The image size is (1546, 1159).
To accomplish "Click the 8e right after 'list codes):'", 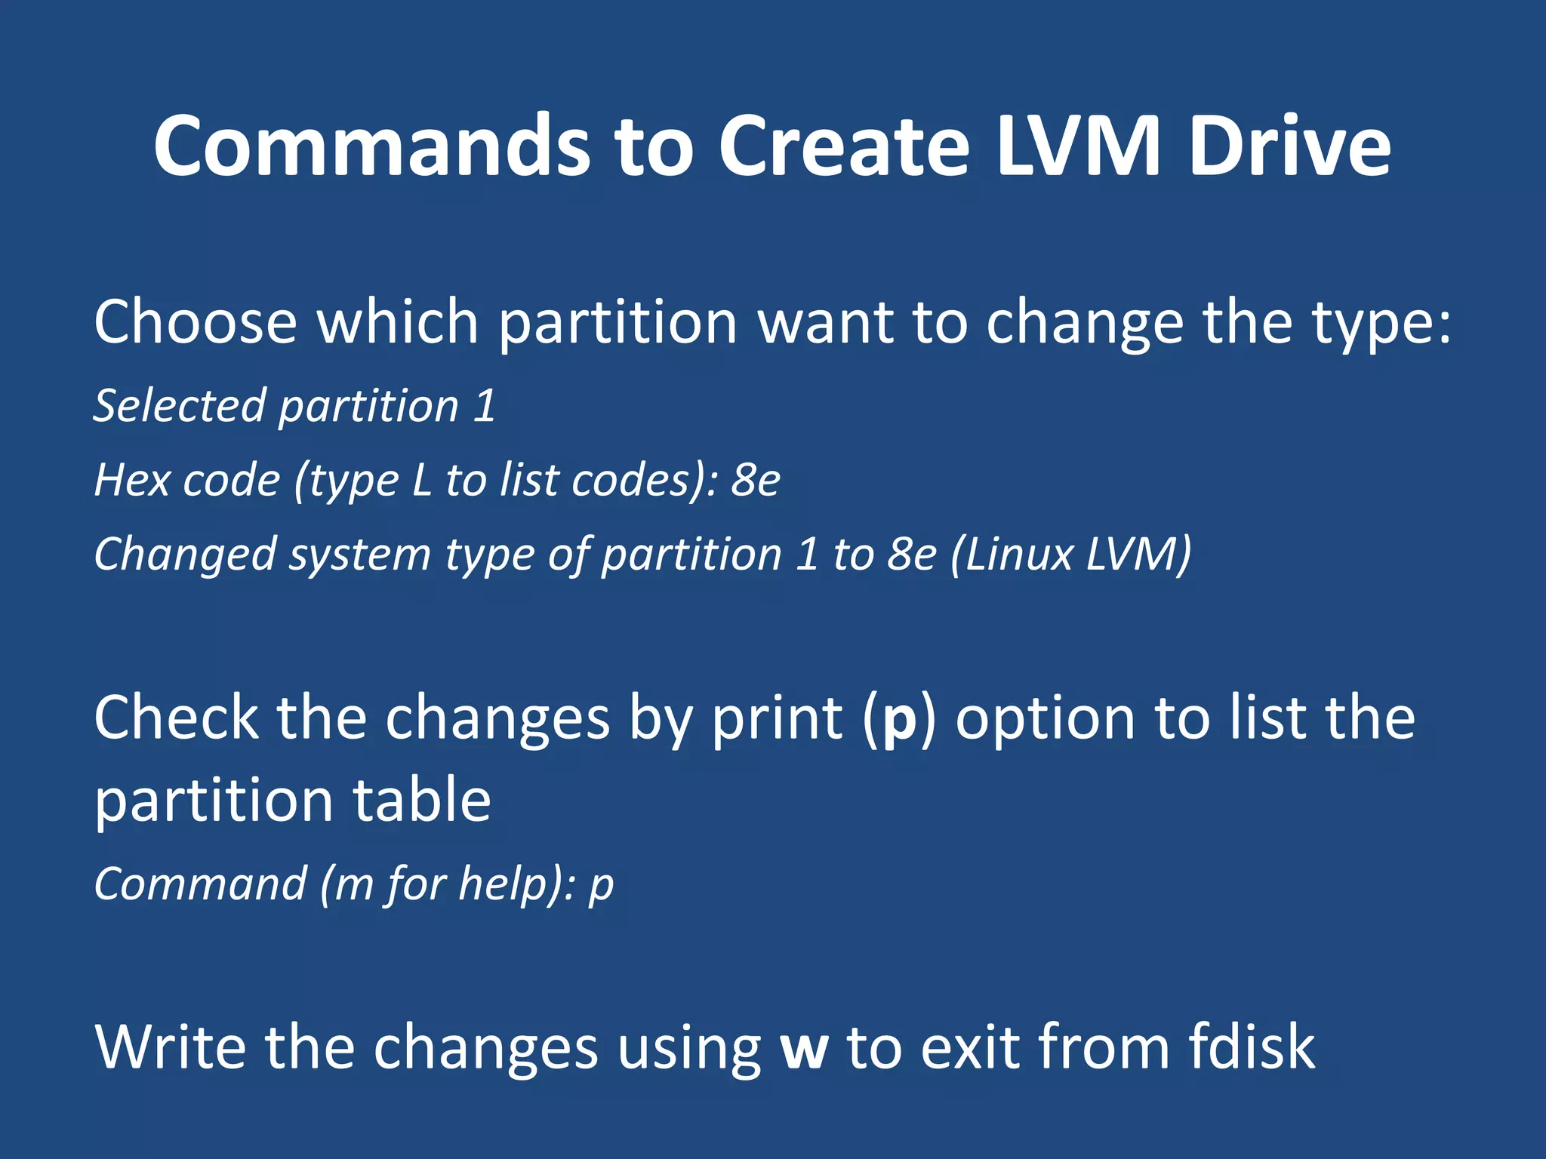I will pyautogui.click(x=755, y=480).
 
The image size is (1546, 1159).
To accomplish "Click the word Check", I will pyautogui.click(x=176, y=718).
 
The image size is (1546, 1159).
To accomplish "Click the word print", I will pyautogui.click(x=777, y=719).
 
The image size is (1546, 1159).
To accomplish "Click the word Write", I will pyautogui.click(x=171, y=1047).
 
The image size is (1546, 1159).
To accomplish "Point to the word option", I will pyautogui.click(x=1046, y=719).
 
